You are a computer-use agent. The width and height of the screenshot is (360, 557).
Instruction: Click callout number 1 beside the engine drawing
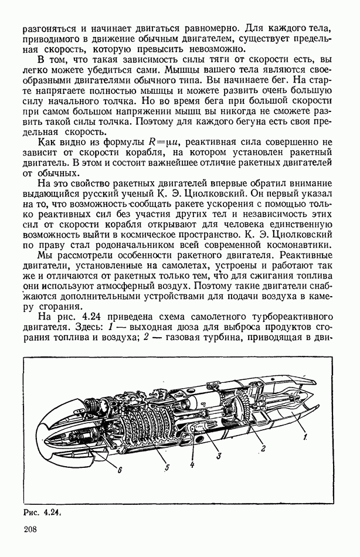click(x=305, y=436)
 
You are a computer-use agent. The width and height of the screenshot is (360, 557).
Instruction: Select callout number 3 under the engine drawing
click(x=218, y=455)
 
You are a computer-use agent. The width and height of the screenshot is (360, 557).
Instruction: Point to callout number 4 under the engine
click(x=192, y=465)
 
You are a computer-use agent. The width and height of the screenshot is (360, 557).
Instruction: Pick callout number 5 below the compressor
click(x=167, y=468)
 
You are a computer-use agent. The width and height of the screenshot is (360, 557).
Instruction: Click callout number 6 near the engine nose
click(x=120, y=469)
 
